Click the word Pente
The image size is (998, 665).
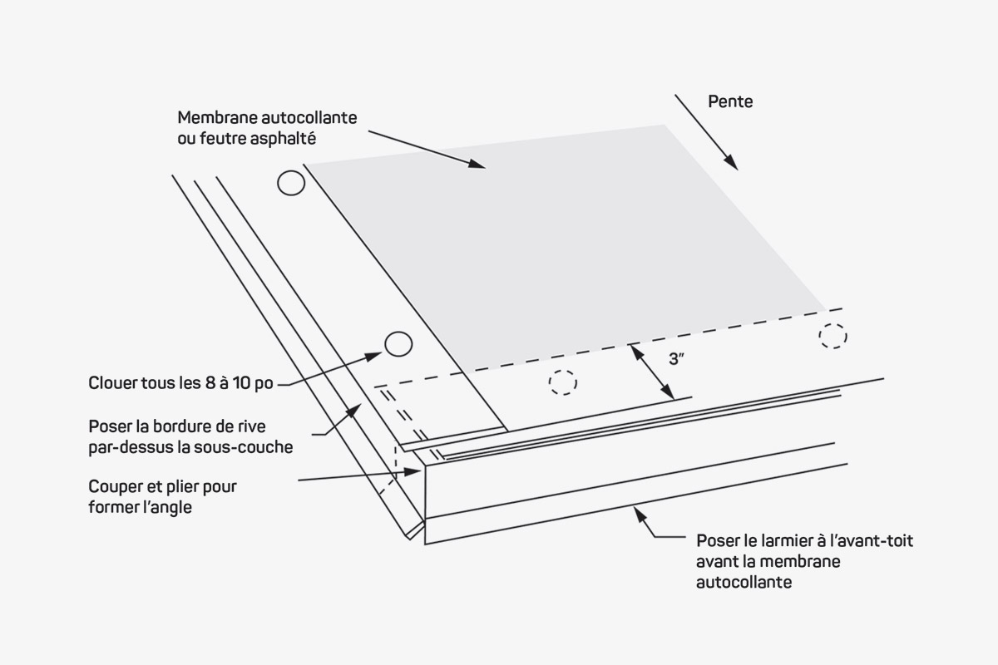pyautogui.click(x=730, y=101)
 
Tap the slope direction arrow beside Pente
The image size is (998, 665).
pyautogui.click(x=706, y=132)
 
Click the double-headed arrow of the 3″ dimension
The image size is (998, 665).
pyautogui.click(x=651, y=372)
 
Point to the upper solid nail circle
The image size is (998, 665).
pyautogui.click(x=291, y=183)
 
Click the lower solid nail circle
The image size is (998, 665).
pyautogui.click(x=398, y=343)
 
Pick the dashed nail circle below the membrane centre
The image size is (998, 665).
pyautogui.click(x=562, y=382)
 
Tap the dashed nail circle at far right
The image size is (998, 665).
pyautogui.click(x=832, y=335)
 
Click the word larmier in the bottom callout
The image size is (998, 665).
pyautogui.click(x=786, y=540)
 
